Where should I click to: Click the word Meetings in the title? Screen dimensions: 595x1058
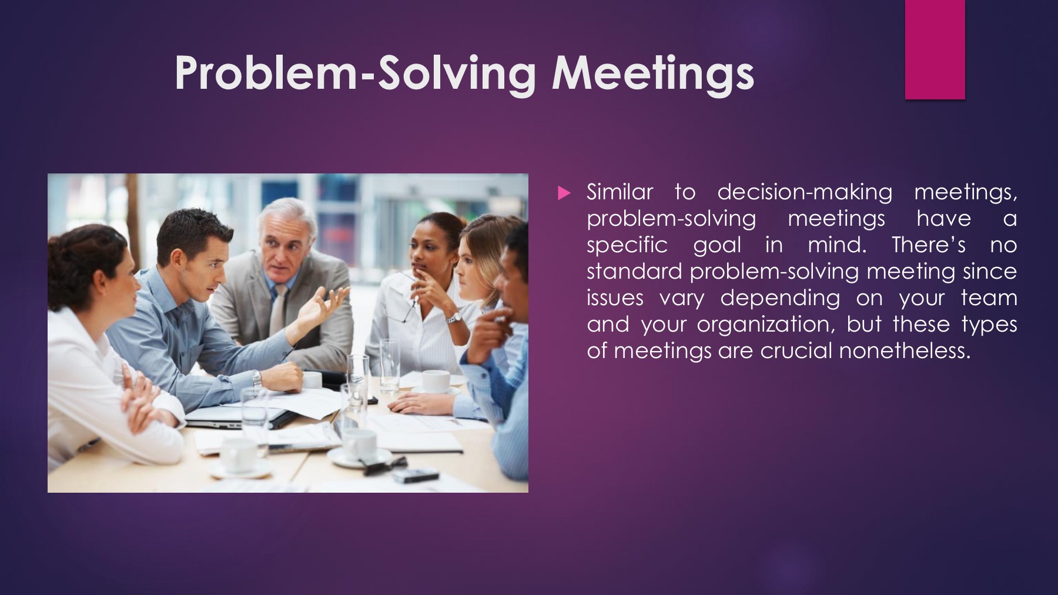(x=652, y=73)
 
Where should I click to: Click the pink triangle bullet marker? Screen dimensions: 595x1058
(x=564, y=193)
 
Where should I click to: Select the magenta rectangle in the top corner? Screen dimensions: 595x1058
(x=935, y=49)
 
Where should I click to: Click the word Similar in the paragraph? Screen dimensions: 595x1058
(x=620, y=192)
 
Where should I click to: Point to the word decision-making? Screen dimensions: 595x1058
(x=805, y=192)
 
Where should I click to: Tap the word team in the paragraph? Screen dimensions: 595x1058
(x=989, y=298)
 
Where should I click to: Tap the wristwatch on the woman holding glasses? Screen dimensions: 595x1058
(x=453, y=318)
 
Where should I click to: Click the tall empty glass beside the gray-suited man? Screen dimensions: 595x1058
(x=389, y=365)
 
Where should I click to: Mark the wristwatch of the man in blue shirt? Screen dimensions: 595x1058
(x=257, y=379)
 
